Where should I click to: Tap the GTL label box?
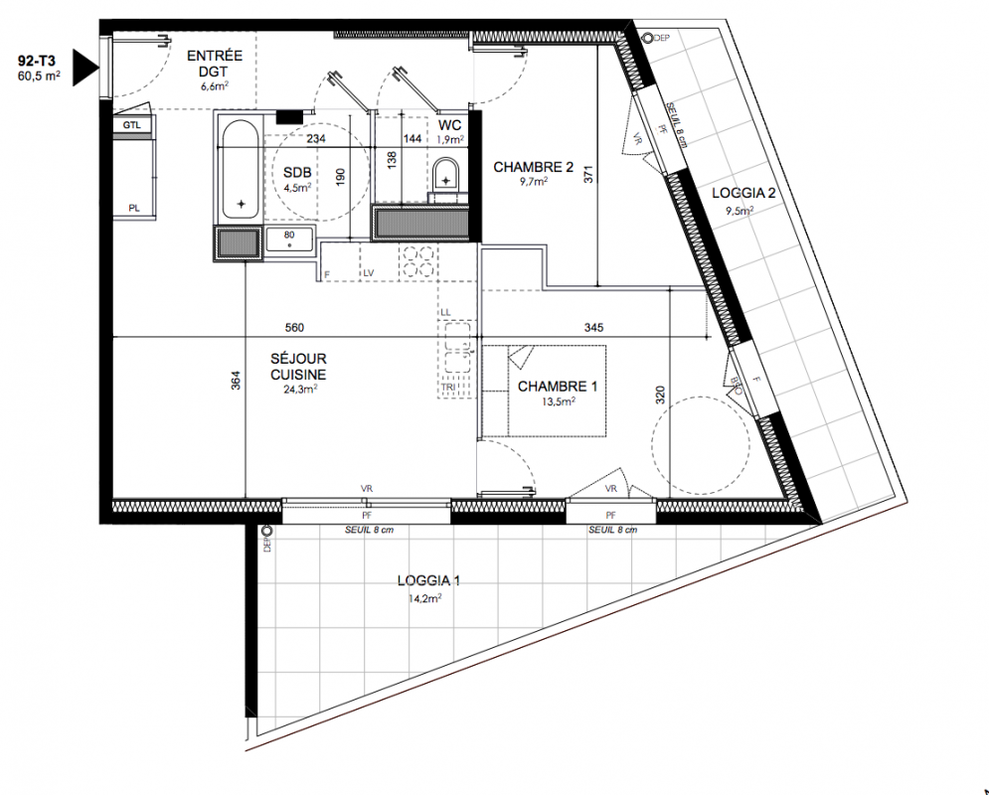point(132,125)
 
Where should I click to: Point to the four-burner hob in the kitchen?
point(417,261)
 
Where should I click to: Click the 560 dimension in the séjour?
point(294,327)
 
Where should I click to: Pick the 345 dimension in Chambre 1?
point(593,327)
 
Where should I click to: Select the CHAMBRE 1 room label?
point(558,386)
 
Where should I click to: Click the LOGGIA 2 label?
point(743,193)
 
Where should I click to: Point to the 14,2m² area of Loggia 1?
point(424,598)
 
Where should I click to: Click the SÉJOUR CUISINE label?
point(298,367)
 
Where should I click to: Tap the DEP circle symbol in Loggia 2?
point(646,38)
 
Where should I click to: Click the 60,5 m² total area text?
point(39,77)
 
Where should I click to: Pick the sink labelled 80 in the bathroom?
point(289,238)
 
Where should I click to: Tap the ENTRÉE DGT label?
point(215,64)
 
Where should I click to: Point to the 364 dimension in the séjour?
point(236,381)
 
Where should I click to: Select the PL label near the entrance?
point(134,208)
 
